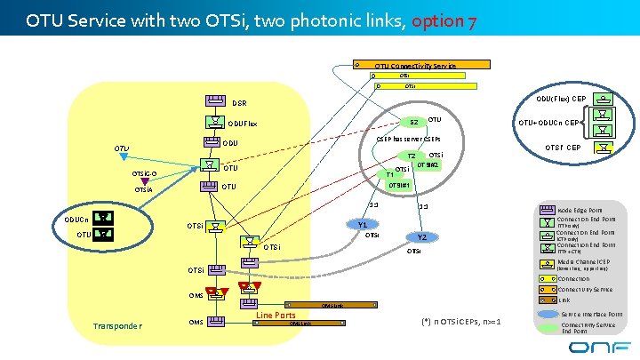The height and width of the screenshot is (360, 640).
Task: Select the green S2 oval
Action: click(413, 122)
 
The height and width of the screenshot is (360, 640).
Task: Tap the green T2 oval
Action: click(412, 157)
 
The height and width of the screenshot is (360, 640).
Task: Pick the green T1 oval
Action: click(389, 173)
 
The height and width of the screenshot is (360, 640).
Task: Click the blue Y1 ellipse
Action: click(363, 225)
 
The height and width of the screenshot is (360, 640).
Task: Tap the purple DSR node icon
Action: click(213, 101)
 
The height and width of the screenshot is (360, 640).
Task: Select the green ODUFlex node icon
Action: click(213, 123)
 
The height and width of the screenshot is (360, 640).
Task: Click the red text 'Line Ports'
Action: click(276, 315)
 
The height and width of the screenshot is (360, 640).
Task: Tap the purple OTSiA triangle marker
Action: click(144, 181)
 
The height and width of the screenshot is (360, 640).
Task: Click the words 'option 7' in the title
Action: click(446, 20)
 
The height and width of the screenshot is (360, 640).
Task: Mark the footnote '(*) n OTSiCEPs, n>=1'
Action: click(458, 320)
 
